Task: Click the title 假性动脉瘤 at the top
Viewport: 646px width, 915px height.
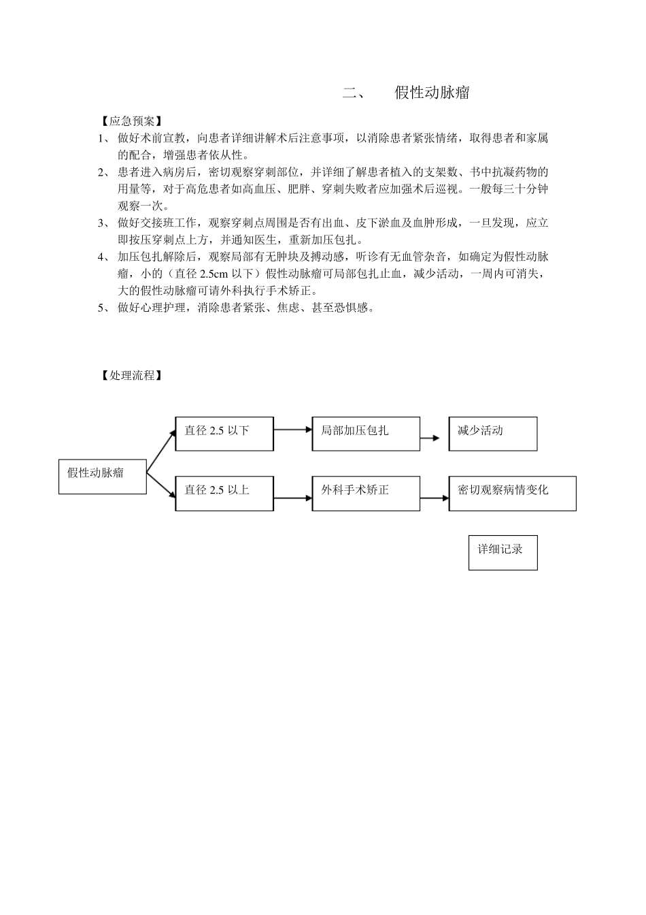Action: tap(432, 93)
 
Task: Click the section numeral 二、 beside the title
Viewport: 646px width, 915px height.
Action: tap(354, 93)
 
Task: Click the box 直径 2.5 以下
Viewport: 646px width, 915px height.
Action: tap(224, 434)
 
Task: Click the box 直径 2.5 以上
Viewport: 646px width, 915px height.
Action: tap(224, 493)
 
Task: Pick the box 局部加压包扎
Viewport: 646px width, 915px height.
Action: tap(366, 434)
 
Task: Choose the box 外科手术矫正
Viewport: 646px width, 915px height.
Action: tap(366, 493)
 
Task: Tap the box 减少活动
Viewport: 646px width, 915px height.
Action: tap(492, 434)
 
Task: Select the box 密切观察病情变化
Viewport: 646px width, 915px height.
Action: tap(512, 493)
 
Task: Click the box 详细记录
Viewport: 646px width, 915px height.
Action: tap(503, 552)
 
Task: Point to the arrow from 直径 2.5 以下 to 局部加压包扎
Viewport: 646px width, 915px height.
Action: tap(292, 430)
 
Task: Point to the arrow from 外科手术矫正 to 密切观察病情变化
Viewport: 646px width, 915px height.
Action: tap(434, 498)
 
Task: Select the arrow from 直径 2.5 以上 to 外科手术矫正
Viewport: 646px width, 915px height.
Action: tap(292, 498)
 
